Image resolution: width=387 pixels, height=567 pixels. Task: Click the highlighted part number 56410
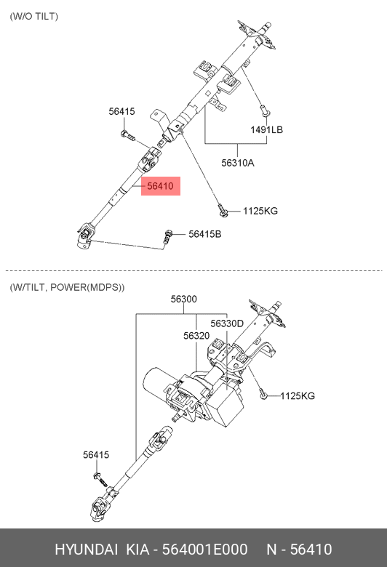tap(160, 186)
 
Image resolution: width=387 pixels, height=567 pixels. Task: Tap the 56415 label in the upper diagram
tap(121, 111)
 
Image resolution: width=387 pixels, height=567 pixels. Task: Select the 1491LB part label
tap(266, 129)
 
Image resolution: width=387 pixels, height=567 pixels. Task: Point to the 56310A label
tap(237, 163)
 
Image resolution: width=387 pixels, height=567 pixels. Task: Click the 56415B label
tap(204, 234)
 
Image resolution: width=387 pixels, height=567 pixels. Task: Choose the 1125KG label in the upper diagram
tap(260, 211)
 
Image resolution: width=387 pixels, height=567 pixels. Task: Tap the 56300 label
tap(184, 299)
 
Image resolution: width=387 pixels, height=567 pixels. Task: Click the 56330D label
tap(227, 323)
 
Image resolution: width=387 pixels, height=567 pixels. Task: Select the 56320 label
tap(196, 336)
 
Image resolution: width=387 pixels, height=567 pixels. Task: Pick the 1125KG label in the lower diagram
tap(298, 395)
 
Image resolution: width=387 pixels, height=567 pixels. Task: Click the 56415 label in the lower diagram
tap(96, 454)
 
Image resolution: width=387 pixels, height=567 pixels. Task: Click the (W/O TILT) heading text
tap(33, 16)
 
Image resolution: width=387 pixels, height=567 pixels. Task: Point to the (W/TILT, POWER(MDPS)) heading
tap(67, 287)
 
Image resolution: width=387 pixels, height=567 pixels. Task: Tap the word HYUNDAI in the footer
tap(86, 550)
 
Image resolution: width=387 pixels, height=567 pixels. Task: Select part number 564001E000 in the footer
tap(204, 550)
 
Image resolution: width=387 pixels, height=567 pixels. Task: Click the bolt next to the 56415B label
tap(167, 236)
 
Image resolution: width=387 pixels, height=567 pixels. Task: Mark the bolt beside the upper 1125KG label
tap(222, 211)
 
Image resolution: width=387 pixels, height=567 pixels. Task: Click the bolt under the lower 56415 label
tap(100, 479)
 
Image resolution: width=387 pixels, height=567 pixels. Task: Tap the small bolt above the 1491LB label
tap(264, 110)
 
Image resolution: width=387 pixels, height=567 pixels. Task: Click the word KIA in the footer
tap(137, 550)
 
